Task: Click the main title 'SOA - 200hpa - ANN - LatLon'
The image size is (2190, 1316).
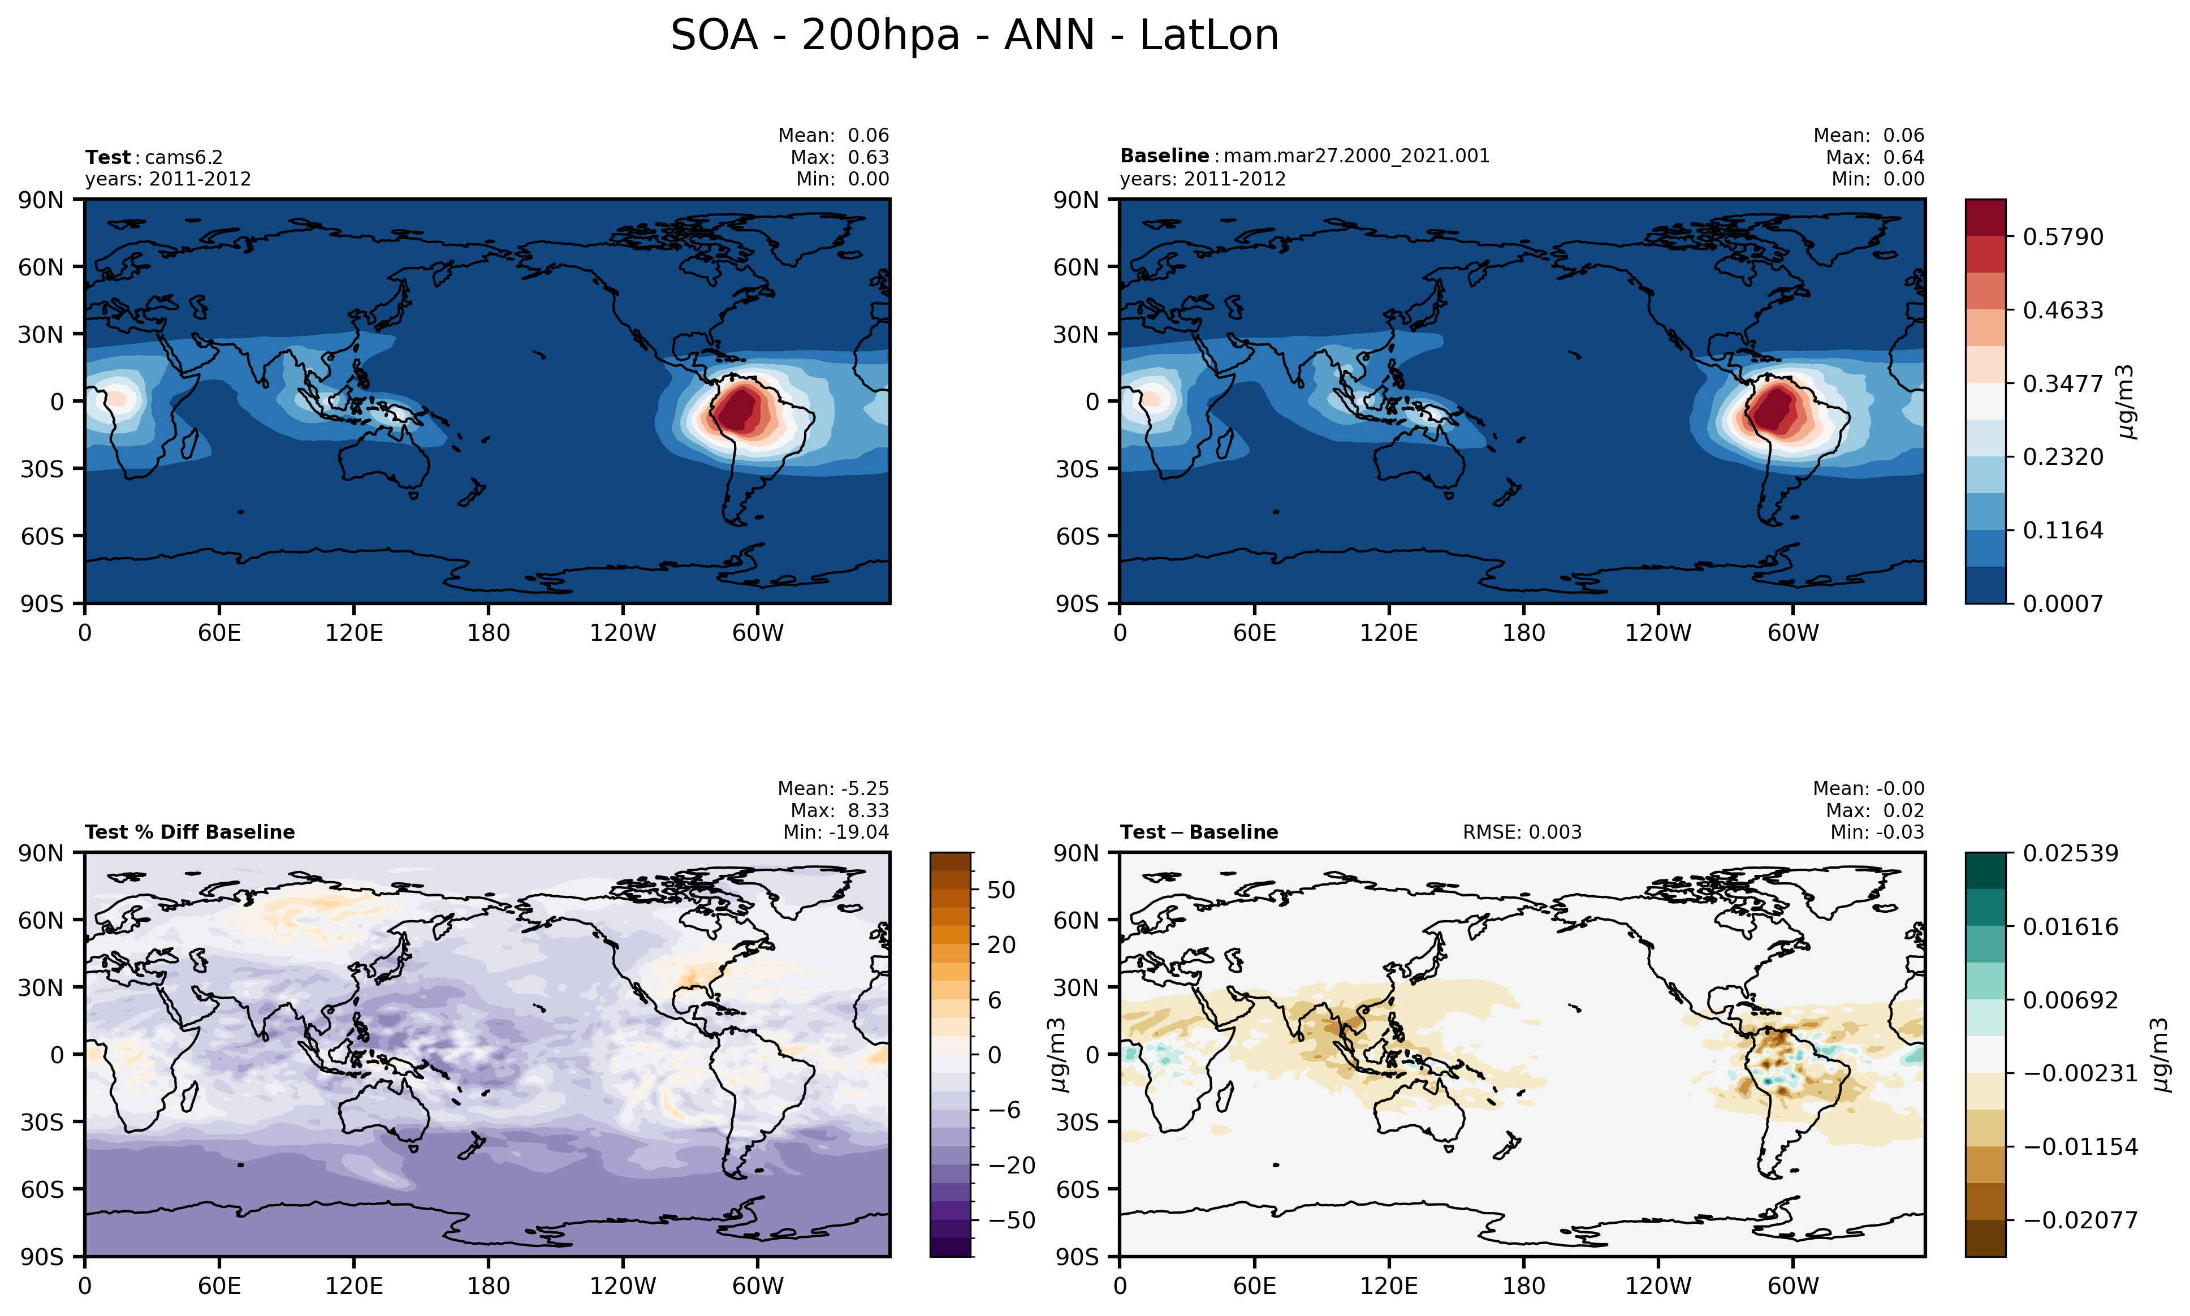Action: [974, 36]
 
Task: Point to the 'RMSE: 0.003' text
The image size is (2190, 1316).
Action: [1522, 832]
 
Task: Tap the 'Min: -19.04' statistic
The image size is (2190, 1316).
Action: [835, 832]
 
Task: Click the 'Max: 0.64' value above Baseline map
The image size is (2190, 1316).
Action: [1874, 157]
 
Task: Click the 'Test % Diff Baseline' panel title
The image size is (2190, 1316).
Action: [190, 832]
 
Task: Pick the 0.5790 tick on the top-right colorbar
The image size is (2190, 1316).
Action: [2062, 237]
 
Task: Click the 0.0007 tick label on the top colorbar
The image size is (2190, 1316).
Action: [2062, 604]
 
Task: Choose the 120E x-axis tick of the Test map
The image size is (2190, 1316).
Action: [354, 633]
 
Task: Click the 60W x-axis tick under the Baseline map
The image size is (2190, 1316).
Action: [1793, 633]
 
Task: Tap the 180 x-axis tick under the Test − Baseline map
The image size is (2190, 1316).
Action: [1523, 1286]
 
